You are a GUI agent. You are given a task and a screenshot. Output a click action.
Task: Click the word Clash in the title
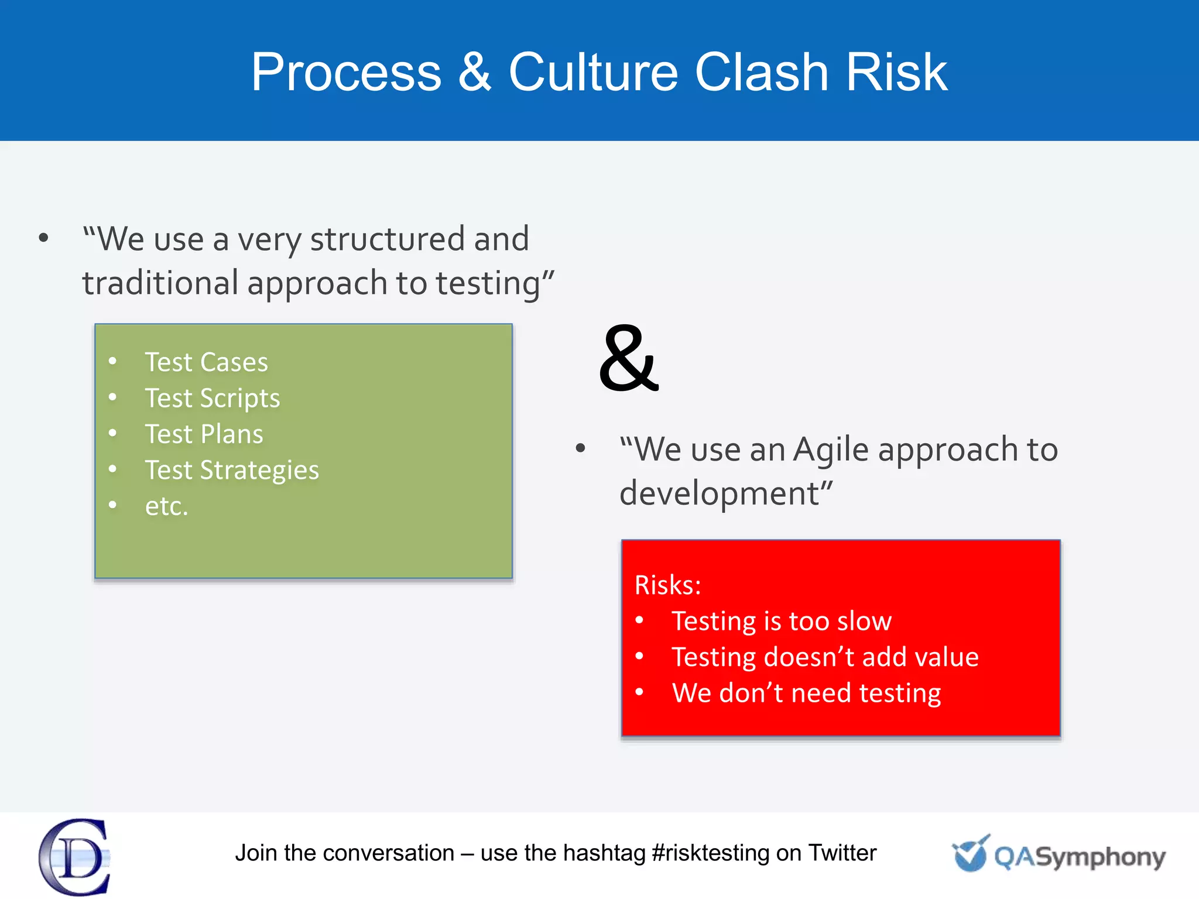coord(761,72)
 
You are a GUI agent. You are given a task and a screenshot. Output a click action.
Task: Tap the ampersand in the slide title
coord(474,72)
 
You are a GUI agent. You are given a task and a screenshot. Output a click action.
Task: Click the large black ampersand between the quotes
coord(629,358)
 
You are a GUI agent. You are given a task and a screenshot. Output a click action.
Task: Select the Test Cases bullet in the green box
coord(206,362)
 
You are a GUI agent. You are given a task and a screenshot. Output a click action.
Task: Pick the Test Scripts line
coord(212,399)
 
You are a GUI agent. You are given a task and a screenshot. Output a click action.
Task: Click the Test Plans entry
coord(204,434)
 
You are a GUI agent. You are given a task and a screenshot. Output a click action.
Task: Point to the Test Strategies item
coord(232,470)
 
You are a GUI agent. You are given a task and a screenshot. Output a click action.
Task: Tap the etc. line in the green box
coord(166,506)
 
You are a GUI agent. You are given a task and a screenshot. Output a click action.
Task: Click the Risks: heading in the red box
coord(667,585)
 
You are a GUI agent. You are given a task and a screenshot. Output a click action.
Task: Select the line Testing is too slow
coord(781,621)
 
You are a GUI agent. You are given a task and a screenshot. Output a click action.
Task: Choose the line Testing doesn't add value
coord(824,657)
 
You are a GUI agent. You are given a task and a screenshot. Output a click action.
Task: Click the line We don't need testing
coord(806,693)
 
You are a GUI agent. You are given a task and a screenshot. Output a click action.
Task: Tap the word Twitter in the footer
coord(842,853)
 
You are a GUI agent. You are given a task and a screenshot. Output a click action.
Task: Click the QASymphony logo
coord(1058,855)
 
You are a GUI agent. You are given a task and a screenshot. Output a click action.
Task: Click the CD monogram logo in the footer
coord(75,857)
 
